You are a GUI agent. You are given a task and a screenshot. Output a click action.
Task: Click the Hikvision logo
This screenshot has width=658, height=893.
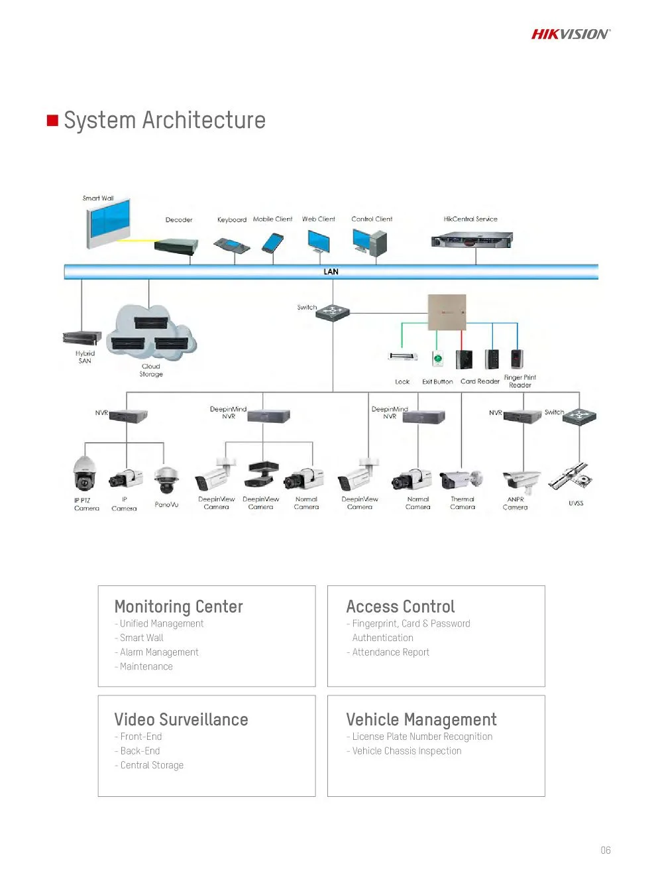(x=570, y=34)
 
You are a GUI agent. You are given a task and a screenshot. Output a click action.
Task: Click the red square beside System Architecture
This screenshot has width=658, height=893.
(x=52, y=120)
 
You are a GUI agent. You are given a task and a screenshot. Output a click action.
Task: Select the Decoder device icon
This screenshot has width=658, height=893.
(x=176, y=246)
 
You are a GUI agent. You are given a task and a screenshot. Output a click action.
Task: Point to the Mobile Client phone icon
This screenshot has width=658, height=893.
(x=272, y=243)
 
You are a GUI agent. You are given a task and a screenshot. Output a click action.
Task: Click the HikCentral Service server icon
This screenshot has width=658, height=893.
(x=471, y=239)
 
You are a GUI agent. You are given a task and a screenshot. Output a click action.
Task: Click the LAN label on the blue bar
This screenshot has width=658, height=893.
(x=331, y=272)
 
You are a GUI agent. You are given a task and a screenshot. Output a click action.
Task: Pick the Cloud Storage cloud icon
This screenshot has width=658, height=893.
(x=152, y=333)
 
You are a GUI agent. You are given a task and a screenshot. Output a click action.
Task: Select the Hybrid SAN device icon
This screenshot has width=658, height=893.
(x=82, y=337)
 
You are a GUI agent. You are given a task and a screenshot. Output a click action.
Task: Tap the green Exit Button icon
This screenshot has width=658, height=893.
(x=437, y=359)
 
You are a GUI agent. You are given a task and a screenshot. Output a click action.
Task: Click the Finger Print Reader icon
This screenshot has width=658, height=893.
(x=517, y=359)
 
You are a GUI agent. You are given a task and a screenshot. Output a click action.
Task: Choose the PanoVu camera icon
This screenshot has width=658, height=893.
(x=166, y=479)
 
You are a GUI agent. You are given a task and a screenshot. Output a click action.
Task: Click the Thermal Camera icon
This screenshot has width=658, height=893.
(x=461, y=479)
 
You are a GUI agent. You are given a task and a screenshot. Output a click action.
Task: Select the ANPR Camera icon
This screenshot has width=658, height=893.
(x=521, y=481)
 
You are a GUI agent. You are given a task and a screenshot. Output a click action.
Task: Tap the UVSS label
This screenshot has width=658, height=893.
(x=576, y=503)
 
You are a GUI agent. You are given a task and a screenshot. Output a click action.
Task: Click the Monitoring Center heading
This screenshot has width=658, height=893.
(x=178, y=607)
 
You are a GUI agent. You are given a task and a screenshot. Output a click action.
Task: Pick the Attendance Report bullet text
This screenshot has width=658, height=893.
(x=390, y=652)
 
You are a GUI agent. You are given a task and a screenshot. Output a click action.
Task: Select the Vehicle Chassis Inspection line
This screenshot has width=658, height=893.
(x=406, y=750)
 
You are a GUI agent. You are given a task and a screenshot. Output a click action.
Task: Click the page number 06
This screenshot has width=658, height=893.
(x=605, y=850)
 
